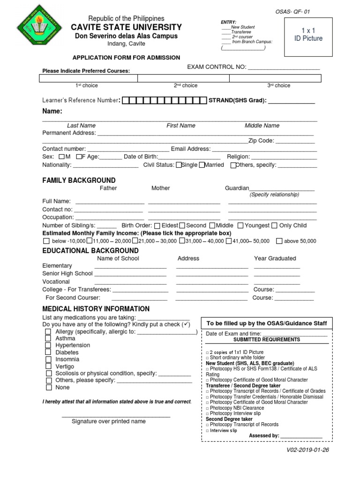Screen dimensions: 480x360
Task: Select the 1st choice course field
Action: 88,78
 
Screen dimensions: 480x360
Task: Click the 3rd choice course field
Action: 278,78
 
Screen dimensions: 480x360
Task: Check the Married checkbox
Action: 202,165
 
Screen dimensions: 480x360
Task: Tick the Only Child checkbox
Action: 275,225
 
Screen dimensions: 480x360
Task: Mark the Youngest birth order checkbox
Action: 241,225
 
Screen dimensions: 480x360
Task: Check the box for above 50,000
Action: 279,241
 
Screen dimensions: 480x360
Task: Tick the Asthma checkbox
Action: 48,338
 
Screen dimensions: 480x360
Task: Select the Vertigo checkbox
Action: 48,367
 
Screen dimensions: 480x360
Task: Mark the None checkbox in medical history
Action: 48,388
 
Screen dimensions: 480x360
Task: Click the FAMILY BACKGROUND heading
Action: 79,180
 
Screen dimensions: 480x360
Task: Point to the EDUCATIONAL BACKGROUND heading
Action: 90,251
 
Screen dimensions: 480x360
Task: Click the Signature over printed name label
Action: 108,421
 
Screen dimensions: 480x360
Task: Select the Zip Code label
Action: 262,141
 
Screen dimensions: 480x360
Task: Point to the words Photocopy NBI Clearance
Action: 237,408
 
